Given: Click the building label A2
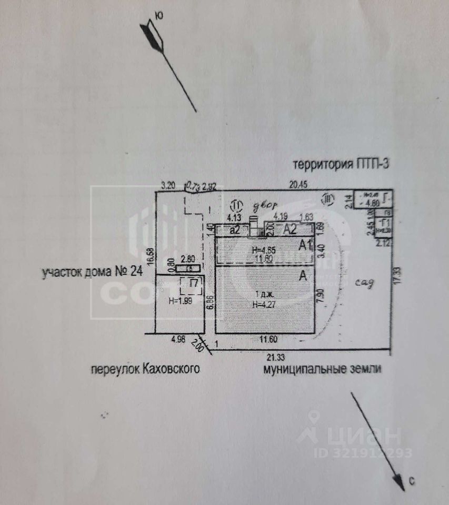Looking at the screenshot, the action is tap(290, 229).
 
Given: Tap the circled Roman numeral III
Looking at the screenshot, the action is tap(328, 198).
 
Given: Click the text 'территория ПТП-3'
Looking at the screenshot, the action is tap(341, 164).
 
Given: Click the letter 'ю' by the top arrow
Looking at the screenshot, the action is tap(159, 16).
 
